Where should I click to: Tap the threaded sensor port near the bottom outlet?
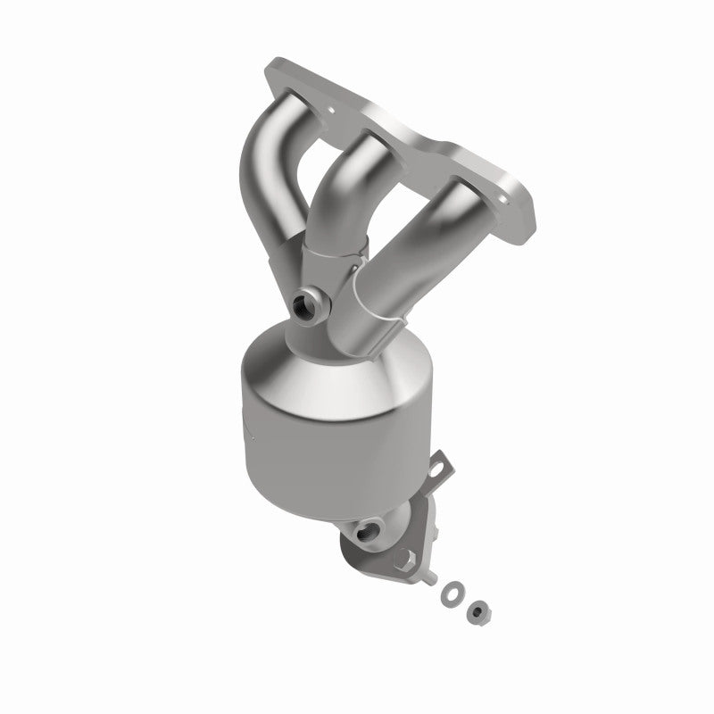coord(366,535)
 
